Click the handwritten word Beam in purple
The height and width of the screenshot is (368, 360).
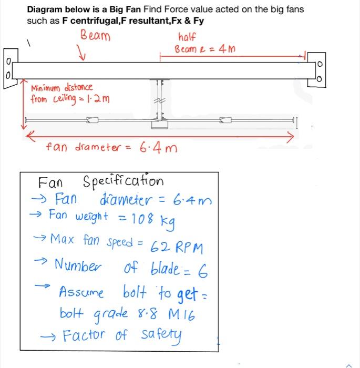pos(96,36)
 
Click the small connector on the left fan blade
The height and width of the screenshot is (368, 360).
pos(92,121)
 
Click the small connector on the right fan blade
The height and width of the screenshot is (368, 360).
pos(225,121)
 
